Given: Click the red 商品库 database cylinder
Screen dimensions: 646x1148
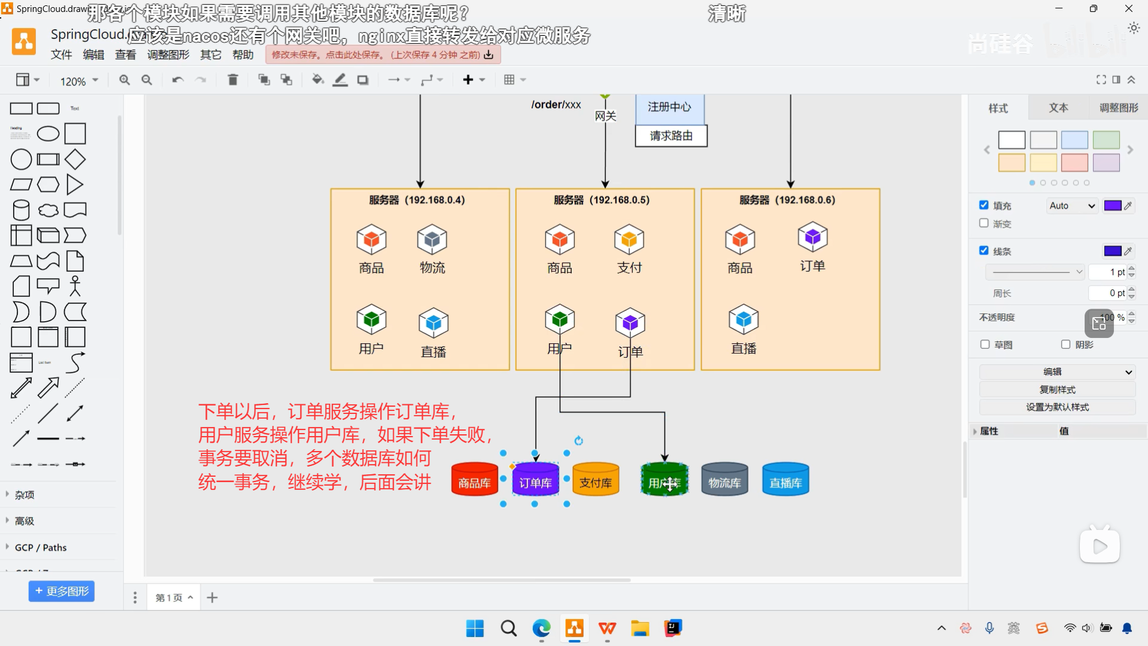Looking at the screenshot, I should [x=474, y=479].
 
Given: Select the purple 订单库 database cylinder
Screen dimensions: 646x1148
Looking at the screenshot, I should [x=535, y=479].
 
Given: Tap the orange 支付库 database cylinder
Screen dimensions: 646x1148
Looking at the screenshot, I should [x=596, y=479].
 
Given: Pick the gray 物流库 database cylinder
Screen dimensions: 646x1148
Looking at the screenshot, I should [x=725, y=479].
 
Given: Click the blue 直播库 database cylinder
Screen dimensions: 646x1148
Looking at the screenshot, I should [x=786, y=479].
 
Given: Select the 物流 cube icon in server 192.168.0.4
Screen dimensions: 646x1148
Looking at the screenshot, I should [x=432, y=239].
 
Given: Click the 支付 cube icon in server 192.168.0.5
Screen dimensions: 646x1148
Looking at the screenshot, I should [x=629, y=239].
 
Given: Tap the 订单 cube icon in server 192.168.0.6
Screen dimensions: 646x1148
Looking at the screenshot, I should [x=813, y=237].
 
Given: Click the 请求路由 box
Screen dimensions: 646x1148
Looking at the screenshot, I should [x=671, y=136].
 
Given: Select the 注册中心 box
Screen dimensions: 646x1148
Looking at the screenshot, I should [x=669, y=107].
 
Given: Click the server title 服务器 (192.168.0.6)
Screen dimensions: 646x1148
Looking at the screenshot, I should [x=787, y=200].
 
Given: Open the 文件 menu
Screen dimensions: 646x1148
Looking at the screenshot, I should [x=61, y=55].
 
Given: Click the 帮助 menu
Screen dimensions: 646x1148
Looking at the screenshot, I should [x=243, y=55].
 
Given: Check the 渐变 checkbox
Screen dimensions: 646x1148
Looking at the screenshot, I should [x=984, y=223].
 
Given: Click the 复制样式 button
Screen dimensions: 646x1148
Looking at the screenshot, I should [x=1057, y=389].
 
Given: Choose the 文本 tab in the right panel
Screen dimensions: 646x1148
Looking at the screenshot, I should [x=1058, y=108].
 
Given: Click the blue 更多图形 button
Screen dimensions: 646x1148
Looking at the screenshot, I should [x=62, y=591].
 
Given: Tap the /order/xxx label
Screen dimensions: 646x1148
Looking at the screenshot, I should [x=556, y=105].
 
